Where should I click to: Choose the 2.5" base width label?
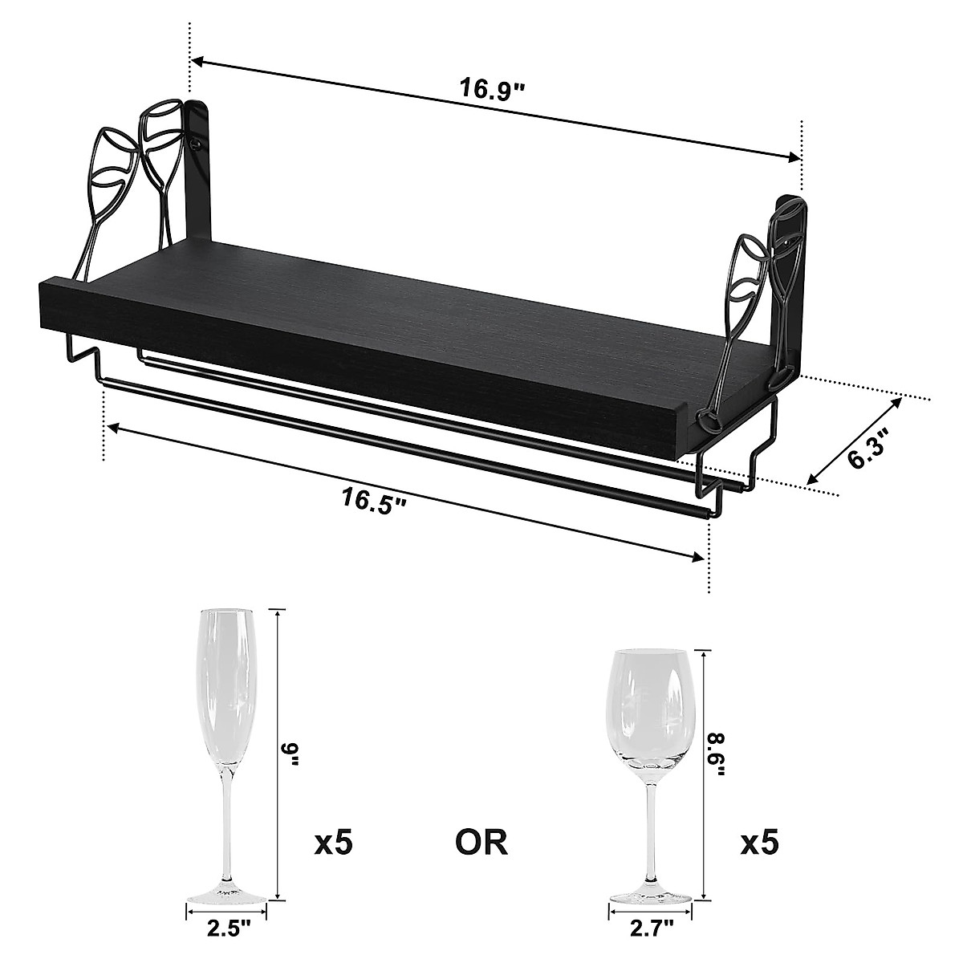tap(229, 929)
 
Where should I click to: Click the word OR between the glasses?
tap(481, 843)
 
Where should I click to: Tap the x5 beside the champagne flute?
tap(332, 843)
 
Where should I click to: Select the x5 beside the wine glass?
tap(758, 843)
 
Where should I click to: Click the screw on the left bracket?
tap(195, 144)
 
